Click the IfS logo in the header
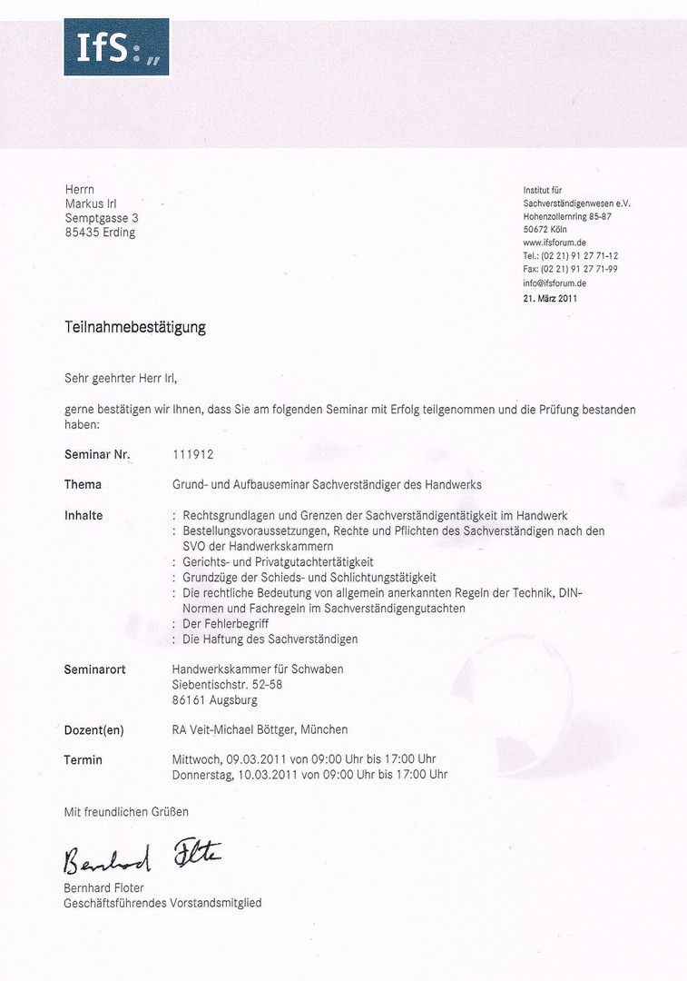[x=116, y=47]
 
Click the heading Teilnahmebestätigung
[x=134, y=327]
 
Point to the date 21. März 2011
[x=550, y=297]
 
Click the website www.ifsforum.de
[x=554, y=243]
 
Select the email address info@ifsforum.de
[x=555, y=283]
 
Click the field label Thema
[x=83, y=484]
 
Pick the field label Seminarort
[x=94, y=669]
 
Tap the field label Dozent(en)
[x=93, y=729]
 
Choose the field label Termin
[x=83, y=759]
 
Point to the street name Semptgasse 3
[x=102, y=218]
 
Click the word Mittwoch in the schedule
[x=197, y=759]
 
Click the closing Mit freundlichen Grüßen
[x=126, y=811]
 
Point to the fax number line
[x=570, y=270]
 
